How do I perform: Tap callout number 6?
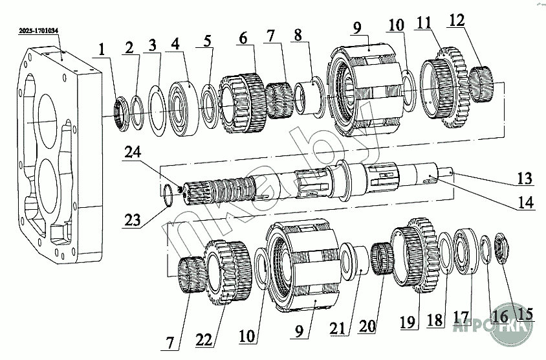[242, 39]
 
